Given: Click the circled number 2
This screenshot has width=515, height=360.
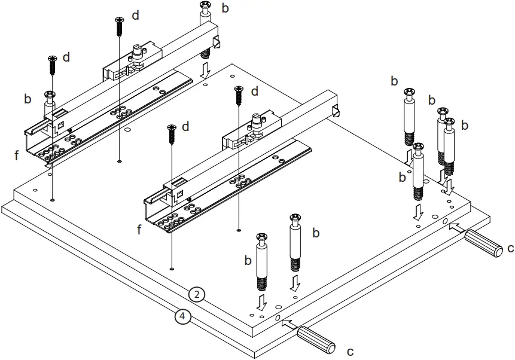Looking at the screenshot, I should pyautogui.click(x=196, y=294).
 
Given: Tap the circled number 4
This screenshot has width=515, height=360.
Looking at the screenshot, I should pyautogui.click(x=182, y=316).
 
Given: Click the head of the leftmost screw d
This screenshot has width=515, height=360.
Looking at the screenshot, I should pyautogui.click(x=51, y=59).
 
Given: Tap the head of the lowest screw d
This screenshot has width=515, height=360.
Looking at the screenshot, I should pyautogui.click(x=171, y=128).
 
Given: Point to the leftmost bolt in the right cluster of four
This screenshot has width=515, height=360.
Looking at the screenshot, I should pyautogui.click(x=410, y=117).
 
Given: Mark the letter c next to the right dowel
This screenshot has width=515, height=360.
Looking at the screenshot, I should pyautogui.click(x=510, y=247).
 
